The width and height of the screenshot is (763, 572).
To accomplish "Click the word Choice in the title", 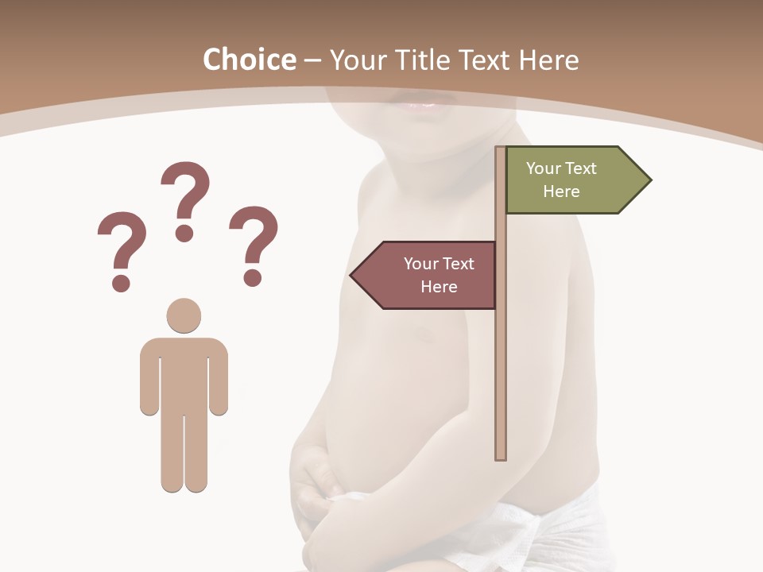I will pyautogui.click(x=249, y=60).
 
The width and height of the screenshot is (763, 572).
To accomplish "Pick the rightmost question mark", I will pyautogui.click(x=254, y=238).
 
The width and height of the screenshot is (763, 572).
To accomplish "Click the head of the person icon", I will pyautogui.click(x=184, y=315).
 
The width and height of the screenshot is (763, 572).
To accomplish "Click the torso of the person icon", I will pyautogui.click(x=184, y=377).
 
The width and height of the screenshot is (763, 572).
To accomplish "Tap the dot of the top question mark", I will pyautogui.click(x=184, y=232).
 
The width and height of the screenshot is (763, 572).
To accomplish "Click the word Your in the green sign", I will pyautogui.click(x=544, y=168).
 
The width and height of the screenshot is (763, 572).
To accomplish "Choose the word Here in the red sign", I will pyautogui.click(x=439, y=287).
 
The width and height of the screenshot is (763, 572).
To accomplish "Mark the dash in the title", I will pyautogui.click(x=312, y=61).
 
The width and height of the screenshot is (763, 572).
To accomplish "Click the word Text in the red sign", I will pyautogui.click(x=457, y=264).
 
